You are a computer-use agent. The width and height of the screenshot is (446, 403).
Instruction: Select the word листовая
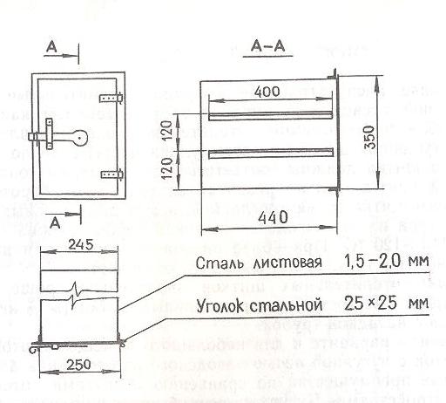click(288, 263)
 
